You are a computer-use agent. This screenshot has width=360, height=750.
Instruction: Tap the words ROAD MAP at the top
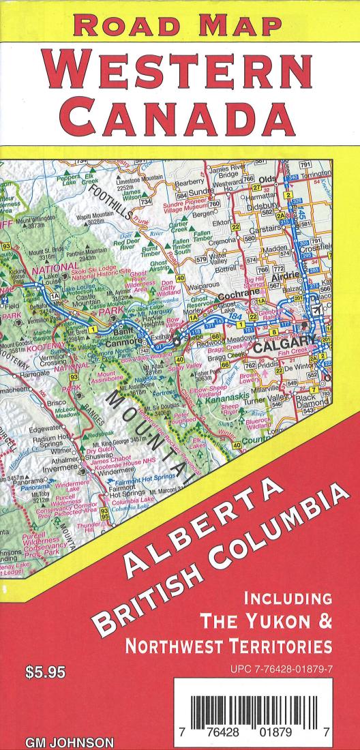click(x=180, y=25)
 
